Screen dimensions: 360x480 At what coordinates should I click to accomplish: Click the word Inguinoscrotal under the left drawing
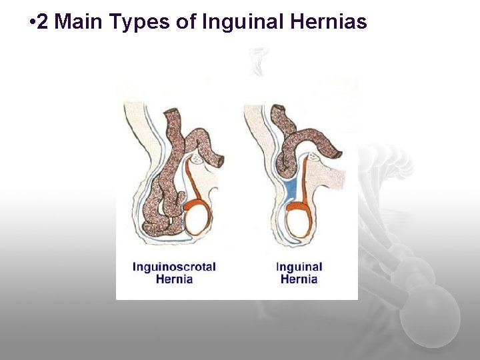[x=174, y=267]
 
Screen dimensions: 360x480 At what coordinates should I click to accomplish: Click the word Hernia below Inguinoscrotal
[x=174, y=279]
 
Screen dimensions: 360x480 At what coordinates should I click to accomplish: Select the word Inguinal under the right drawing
[x=299, y=267]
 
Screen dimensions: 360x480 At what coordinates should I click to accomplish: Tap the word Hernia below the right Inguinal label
[x=299, y=279]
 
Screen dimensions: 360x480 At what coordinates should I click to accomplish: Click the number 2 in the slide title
[x=43, y=22]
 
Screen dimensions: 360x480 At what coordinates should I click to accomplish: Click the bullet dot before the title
[x=32, y=23]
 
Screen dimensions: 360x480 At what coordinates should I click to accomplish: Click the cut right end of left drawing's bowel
[x=220, y=161]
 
